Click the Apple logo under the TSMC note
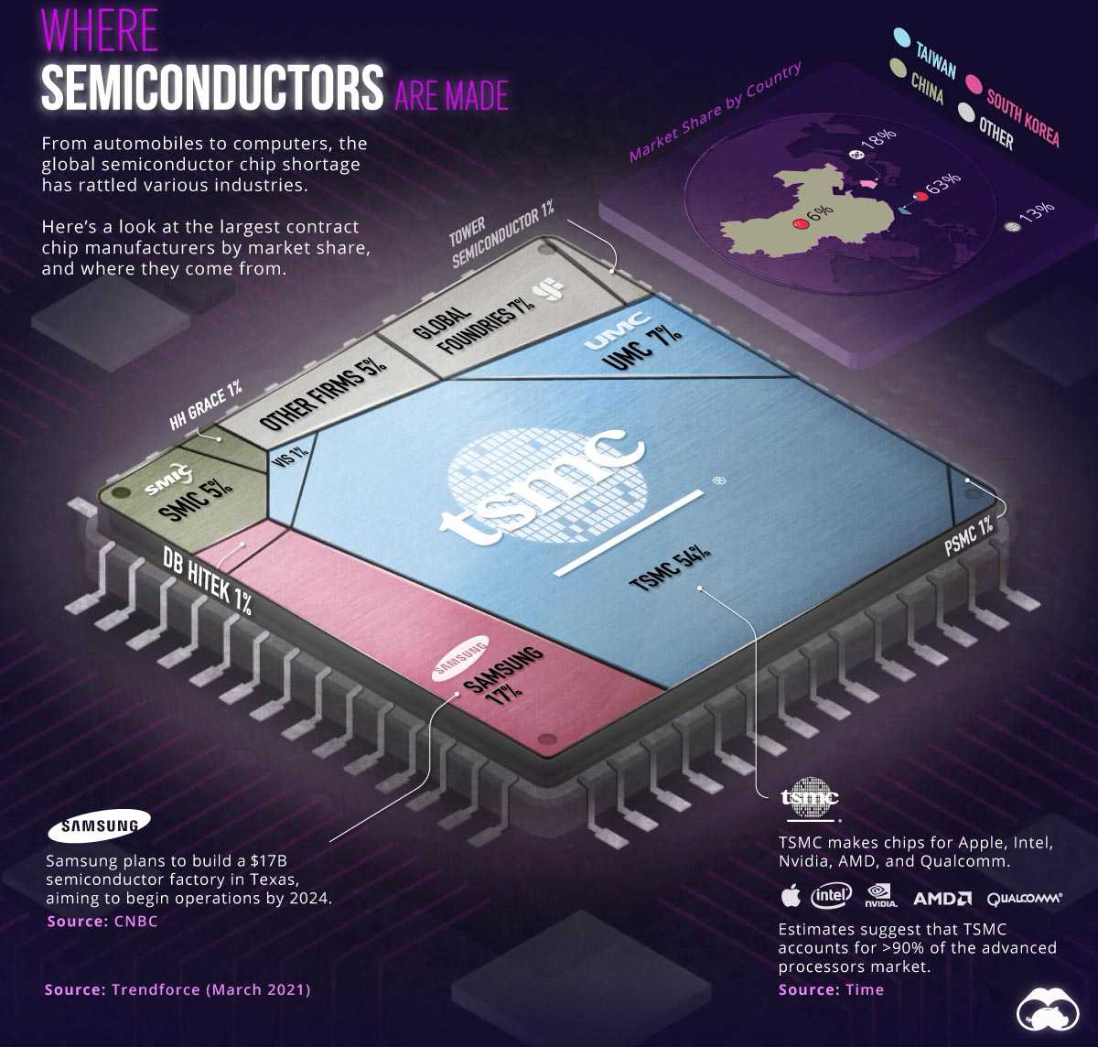tap(790, 895)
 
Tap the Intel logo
tap(831, 895)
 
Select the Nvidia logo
tap(880, 894)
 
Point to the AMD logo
tap(942, 898)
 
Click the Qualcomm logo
tap(1024, 898)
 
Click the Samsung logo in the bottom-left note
tap(99, 826)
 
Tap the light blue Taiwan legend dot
tap(901, 38)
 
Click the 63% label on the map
tap(942, 181)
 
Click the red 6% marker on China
tap(799, 223)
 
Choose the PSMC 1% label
tap(969, 537)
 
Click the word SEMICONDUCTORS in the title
tap(212, 88)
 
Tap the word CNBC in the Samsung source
tap(135, 921)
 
